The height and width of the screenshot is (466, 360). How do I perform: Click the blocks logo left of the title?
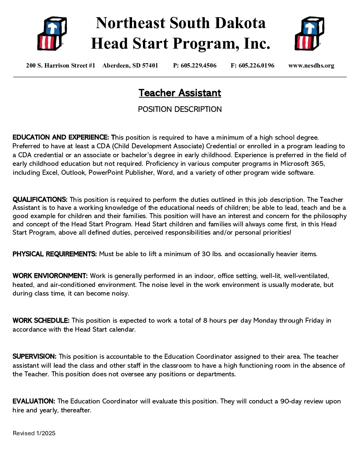(x=52, y=33)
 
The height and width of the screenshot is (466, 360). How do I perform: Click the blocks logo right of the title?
(x=309, y=33)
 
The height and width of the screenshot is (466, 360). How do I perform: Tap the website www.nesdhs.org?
(x=311, y=66)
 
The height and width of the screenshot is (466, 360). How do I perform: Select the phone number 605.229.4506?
(x=199, y=66)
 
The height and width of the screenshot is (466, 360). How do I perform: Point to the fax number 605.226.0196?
(x=256, y=66)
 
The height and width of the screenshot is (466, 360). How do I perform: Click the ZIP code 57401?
(x=150, y=66)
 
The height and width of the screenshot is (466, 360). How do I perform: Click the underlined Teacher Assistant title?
(x=180, y=93)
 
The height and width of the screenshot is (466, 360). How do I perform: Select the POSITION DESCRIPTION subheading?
(x=180, y=109)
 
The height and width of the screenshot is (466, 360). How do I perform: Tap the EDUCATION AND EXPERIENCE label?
(x=61, y=137)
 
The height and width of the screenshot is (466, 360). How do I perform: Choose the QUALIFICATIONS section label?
(x=40, y=200)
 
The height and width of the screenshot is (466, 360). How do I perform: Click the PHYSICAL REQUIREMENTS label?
(x=55, y=254)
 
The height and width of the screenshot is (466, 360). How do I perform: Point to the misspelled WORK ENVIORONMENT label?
(x=50, y=276)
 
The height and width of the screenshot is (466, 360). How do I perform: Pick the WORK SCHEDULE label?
(x=41, y=321)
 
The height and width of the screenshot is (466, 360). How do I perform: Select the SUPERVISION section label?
(x=34, y=357)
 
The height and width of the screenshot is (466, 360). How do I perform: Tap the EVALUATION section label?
(x=34, y=401)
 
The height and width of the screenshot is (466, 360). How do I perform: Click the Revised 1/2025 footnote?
(x=34, y=433)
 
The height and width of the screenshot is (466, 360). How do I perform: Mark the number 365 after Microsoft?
(x=318, y=163)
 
